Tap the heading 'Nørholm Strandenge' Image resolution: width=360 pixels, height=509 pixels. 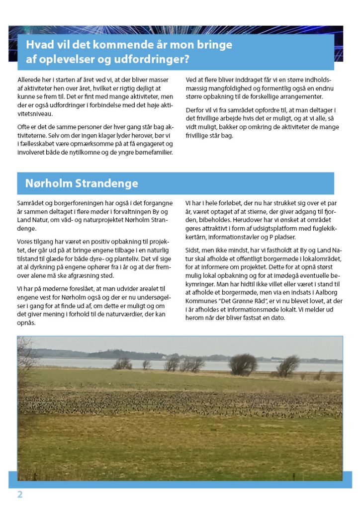point(82,183)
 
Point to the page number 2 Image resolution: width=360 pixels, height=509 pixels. point(20,495)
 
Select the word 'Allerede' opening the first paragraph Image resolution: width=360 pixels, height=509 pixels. point(28,80)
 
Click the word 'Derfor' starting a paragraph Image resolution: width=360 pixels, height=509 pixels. point(194,109)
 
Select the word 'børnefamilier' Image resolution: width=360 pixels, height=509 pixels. point(155,152)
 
